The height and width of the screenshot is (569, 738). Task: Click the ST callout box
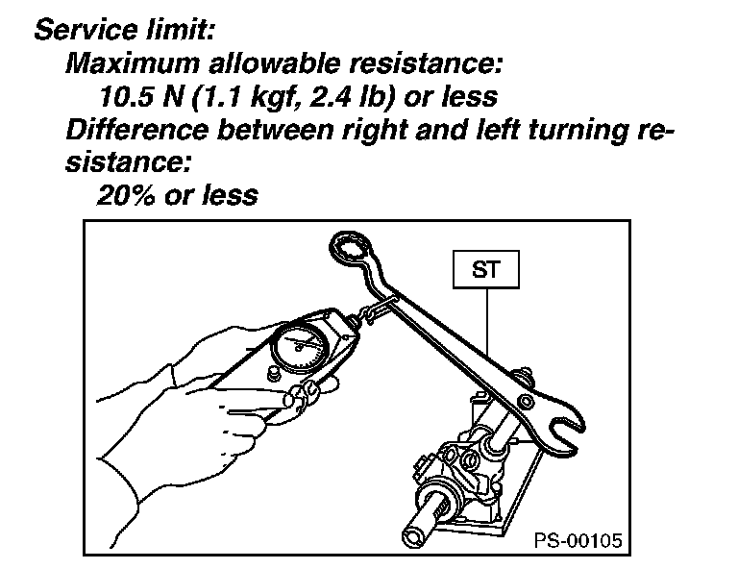pos(485,269)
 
